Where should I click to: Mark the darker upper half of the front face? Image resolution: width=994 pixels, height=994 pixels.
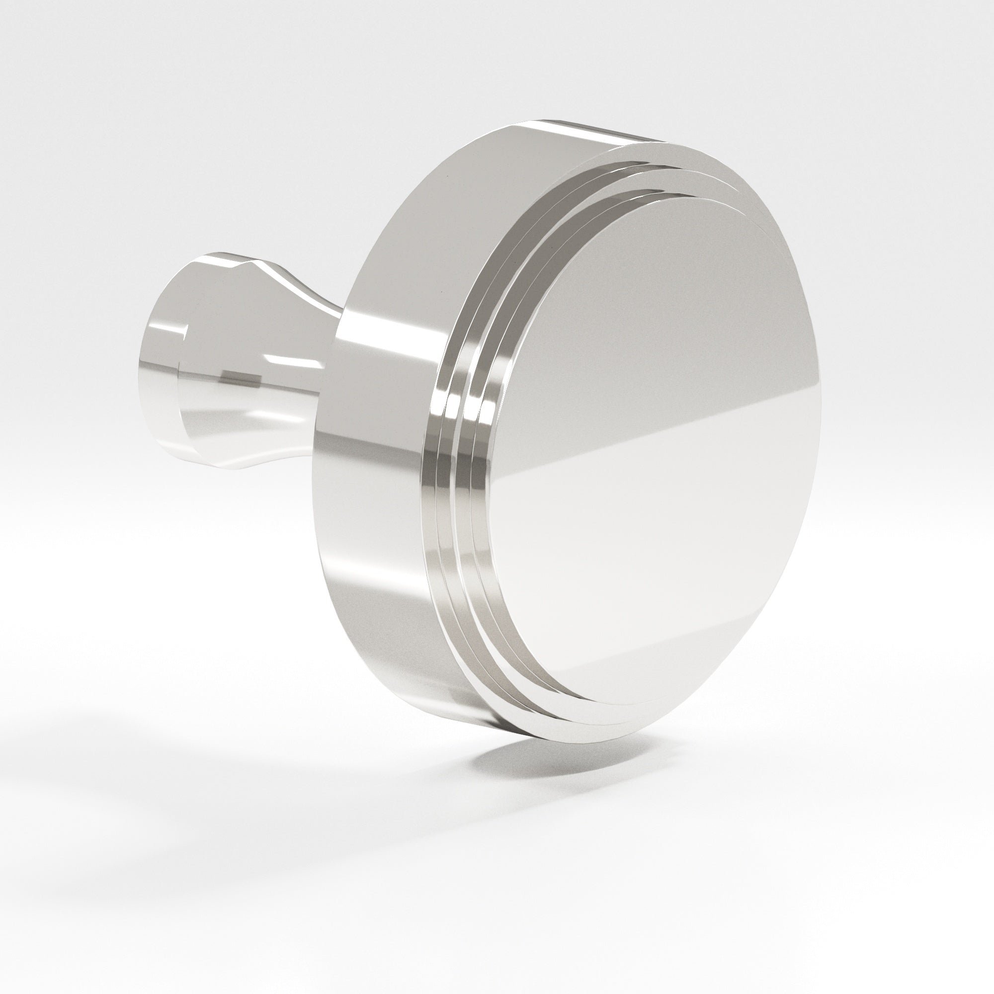(643, 309)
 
